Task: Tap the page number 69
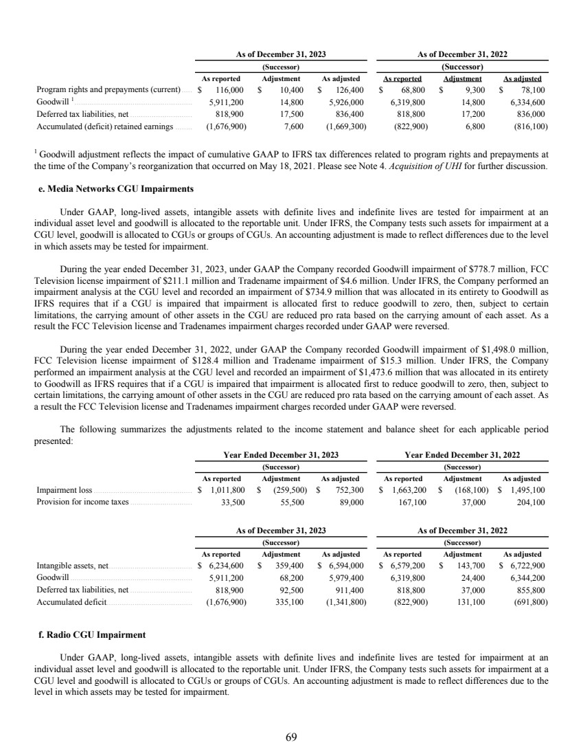point(291,737)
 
